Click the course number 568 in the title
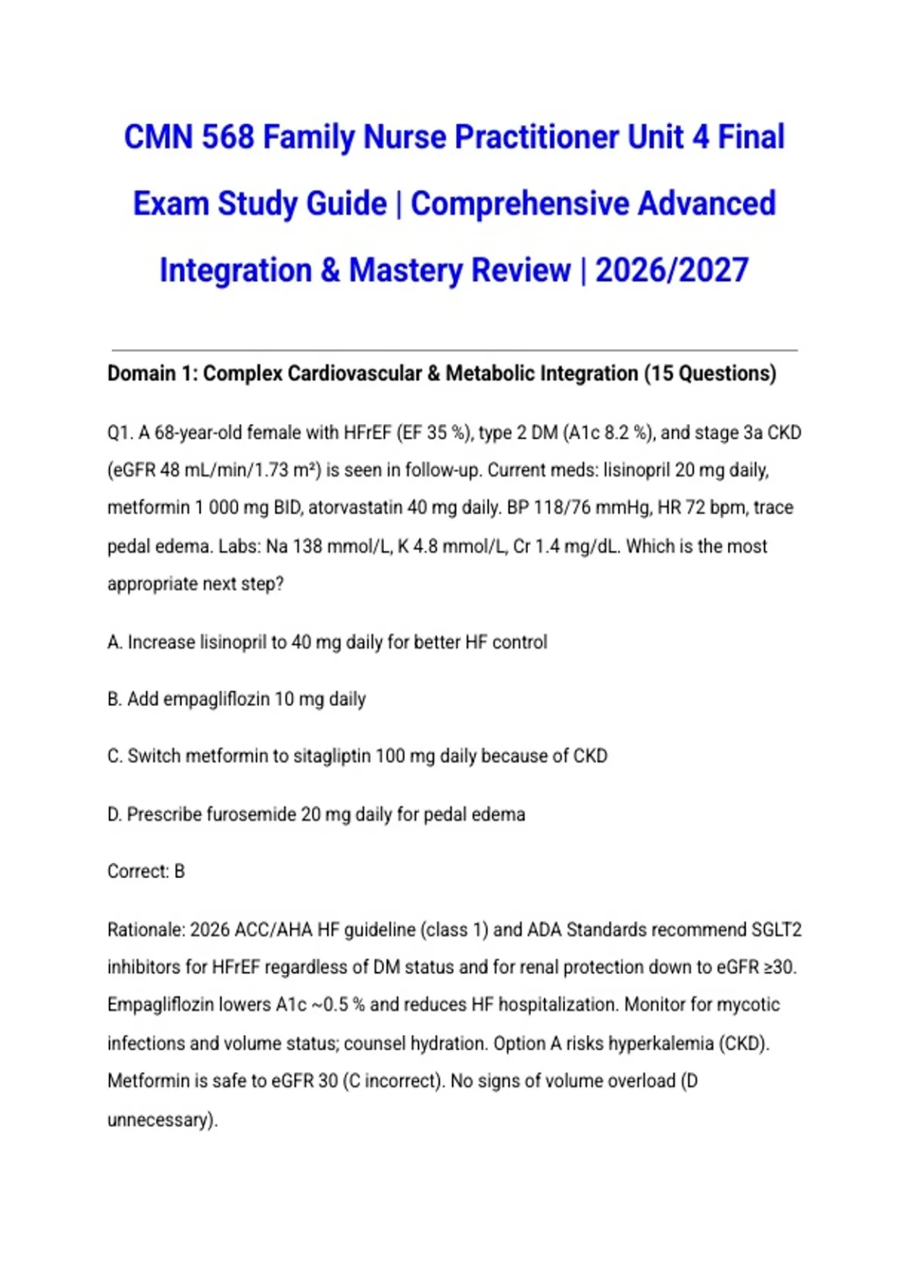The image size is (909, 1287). tap(228, 138)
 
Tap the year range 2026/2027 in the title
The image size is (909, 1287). tap(672, 270)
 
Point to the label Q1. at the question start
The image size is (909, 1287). tap(120, 433)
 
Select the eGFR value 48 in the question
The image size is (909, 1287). tap(170, 470)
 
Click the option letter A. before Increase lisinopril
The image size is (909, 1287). tap(115, 642)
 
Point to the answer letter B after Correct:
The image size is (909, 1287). tap(180, 871)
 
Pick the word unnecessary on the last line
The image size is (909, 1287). tap(161, 1120)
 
